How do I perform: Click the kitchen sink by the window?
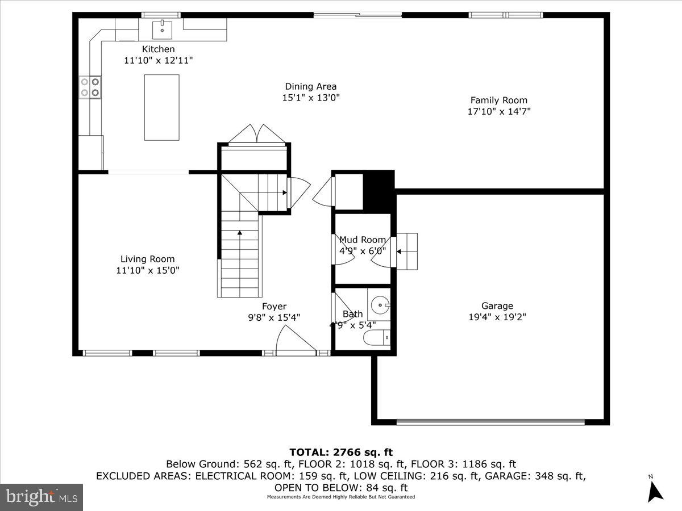(162, 27)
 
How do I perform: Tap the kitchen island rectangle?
(161, 107)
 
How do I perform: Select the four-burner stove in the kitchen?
(90, 86)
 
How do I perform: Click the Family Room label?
(498, 100)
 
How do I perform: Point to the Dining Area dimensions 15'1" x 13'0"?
(311, 98)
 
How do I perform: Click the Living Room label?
(147, 259)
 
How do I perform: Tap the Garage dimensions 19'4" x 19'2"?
(497, 317)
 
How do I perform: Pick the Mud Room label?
(362, 240)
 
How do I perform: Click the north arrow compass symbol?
(655, 489)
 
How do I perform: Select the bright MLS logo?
(41, 497)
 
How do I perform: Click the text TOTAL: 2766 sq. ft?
(341, 453)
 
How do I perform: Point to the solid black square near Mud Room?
(378, 190)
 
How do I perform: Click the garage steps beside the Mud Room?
(407, 251)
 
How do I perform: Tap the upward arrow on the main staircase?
(240, 232)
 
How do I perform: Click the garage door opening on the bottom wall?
(490, 422)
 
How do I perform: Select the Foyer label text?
(274, 307)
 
